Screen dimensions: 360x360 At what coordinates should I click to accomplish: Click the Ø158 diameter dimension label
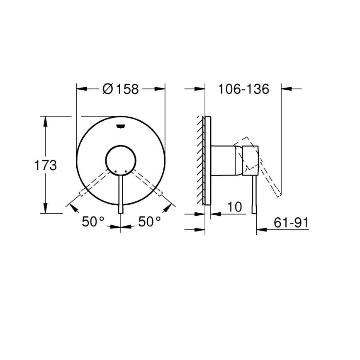(120, 89)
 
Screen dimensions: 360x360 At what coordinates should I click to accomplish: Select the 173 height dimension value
(45, 165)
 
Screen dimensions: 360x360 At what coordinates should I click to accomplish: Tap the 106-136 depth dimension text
(244, 89)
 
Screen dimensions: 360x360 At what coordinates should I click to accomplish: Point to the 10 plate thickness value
(235, 207)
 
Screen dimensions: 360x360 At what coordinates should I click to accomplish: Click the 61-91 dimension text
(291, 223)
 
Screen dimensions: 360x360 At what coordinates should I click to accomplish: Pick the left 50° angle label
(92, 222)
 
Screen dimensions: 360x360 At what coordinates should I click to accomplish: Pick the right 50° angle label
(149, 222)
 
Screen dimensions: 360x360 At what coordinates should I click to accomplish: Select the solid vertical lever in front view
(121, 195)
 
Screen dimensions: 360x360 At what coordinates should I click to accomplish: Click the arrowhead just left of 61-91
(260, 229)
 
